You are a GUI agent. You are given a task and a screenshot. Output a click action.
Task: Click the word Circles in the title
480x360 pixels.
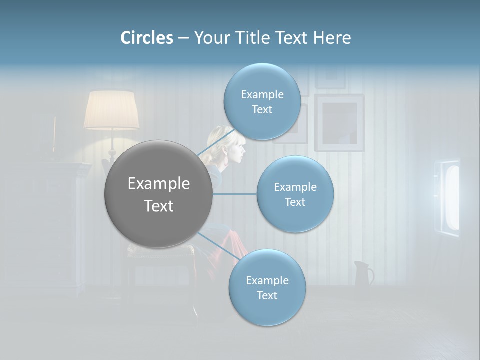[x=146, y=38]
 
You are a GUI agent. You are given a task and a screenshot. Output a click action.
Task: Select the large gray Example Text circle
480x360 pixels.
[x=158, y=194]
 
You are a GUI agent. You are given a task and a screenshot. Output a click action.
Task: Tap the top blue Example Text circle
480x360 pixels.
[x=262, y=102]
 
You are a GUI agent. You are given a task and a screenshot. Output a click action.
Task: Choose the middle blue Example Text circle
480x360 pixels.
[x=295, y=194]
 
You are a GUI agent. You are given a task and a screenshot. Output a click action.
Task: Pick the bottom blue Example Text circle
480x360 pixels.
[x=267, y=288]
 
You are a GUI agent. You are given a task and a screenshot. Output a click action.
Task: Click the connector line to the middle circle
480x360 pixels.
[x=235, y=194]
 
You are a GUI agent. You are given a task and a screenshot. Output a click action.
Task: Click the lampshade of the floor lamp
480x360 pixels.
[x=111, y=110]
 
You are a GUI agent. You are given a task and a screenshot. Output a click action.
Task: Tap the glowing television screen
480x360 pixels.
[x=452, y=197]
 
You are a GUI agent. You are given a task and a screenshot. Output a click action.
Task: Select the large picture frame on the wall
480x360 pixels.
[x=339, y=123]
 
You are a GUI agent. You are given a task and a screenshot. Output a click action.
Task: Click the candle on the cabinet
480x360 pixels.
[x=54, y=132]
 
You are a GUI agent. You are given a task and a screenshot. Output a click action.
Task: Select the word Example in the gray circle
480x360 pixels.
[x=158, y=184]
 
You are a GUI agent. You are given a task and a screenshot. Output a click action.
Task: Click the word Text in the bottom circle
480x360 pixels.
[x=267, y=295]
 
